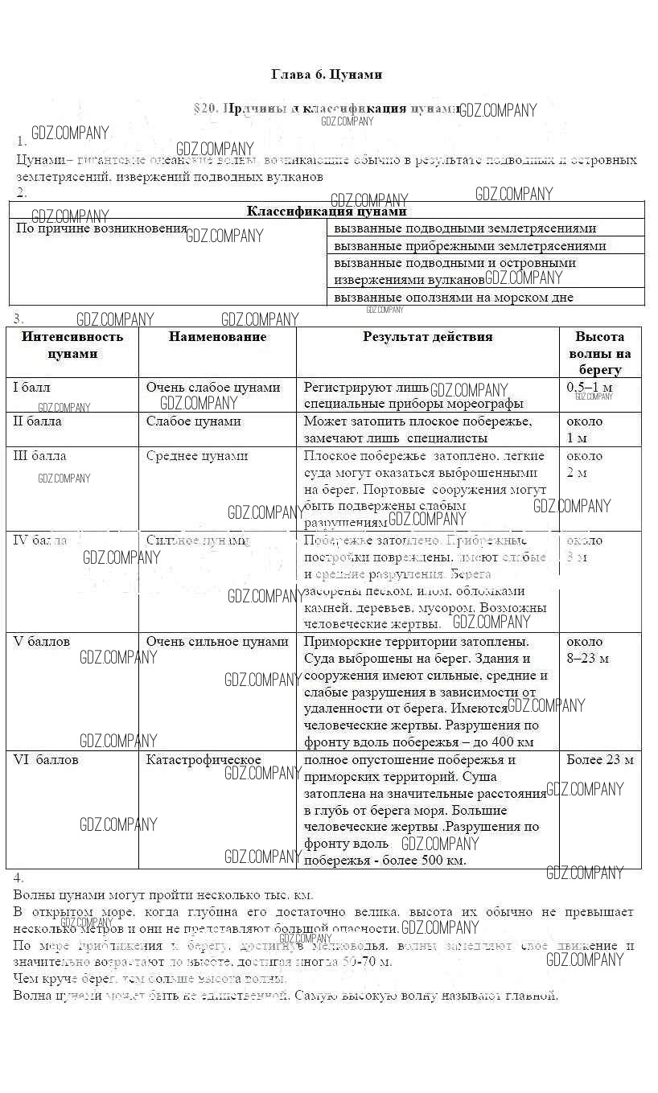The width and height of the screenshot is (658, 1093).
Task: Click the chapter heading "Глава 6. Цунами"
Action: pos(327,75)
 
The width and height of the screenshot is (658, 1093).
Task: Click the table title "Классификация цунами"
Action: pos(326,212)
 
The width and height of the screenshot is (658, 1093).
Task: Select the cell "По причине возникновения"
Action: pos(101,228)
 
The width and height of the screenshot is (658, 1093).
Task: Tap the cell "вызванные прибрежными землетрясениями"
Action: pos(470,246)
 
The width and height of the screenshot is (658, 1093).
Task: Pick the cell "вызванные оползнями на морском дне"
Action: pos(454,298)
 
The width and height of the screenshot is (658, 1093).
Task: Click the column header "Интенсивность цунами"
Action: pos(72,345)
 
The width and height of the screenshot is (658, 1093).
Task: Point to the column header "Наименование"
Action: pos(217,337)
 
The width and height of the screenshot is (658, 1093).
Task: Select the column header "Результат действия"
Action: pos(427,337)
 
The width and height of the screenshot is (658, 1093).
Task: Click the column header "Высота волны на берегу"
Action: pos(599,353)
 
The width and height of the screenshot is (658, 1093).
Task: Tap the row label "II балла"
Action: pos(38,421)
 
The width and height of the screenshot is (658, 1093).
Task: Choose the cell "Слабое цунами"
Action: pos(193,421)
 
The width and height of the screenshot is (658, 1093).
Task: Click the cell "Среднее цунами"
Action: pos(197,456)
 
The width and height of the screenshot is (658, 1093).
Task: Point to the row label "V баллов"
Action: pos(42,642)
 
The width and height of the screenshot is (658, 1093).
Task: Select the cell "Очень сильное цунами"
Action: pos(217,642)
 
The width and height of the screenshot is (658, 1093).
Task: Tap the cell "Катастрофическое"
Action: pos(204,760)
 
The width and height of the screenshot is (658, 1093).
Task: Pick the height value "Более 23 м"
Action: pos(599,760)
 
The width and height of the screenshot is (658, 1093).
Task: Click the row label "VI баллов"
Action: pos(47,760)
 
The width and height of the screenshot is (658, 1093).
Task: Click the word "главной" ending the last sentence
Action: pos(532,996)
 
